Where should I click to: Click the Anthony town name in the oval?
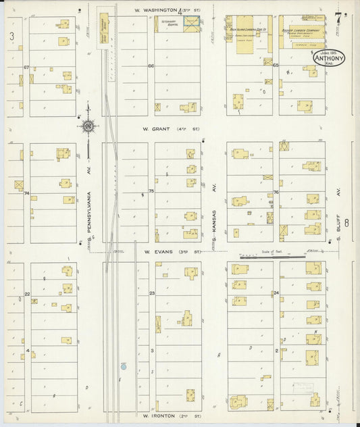[x=328, y=59]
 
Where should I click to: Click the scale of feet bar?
[x=267, y=256]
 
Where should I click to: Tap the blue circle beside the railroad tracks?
[x=124, y=366]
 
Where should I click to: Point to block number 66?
[x=151, y=66]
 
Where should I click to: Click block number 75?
[x=151, y=191]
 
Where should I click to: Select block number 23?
[x=152, y=293]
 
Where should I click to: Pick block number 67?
[x=26, y=67]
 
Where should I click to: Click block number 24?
[x=276, y=293]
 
